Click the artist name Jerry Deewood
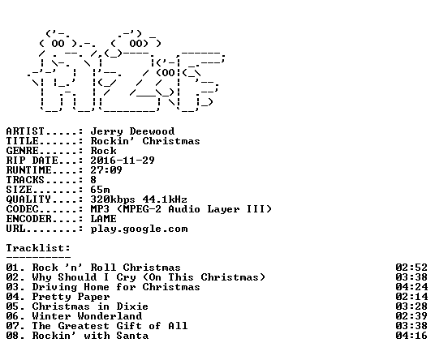(x=132, y=131)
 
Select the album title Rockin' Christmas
(x=145, y=141)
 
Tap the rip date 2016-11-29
(x=123, y=161)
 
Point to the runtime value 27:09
(x=106, y=170)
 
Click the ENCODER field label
(x=29, y=219)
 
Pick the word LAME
(x=104, y=219)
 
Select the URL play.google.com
(x=139, y=229)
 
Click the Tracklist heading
(x=38, y=248)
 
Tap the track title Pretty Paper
(x=71, y=297)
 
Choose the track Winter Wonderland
(x=87, y=316)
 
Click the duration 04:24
(x=411, y=287)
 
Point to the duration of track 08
(x=411, y=336)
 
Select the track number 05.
(x=13, y=306)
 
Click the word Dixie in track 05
(x=132, y=306)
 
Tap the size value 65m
(x=100, y=190)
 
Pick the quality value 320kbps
(x=113, y=199)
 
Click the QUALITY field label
(x=29, y=199)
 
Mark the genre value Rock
(x=104, y=151)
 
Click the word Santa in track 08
(x=132, y=336)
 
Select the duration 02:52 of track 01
(x=411, y=268)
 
